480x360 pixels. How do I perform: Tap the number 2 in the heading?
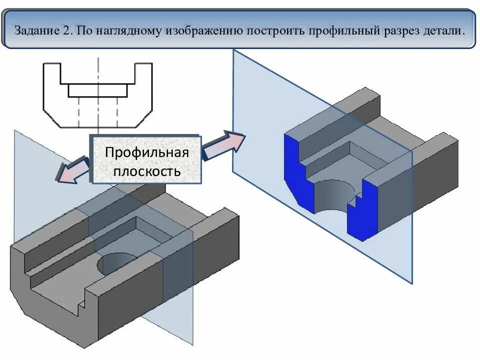pos(68,30)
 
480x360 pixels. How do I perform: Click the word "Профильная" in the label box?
pos(146,152)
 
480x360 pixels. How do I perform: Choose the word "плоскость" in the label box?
pos(146,171)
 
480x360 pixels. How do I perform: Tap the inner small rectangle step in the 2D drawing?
pos(98,90)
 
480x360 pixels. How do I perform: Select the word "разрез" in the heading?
pos(400,30)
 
